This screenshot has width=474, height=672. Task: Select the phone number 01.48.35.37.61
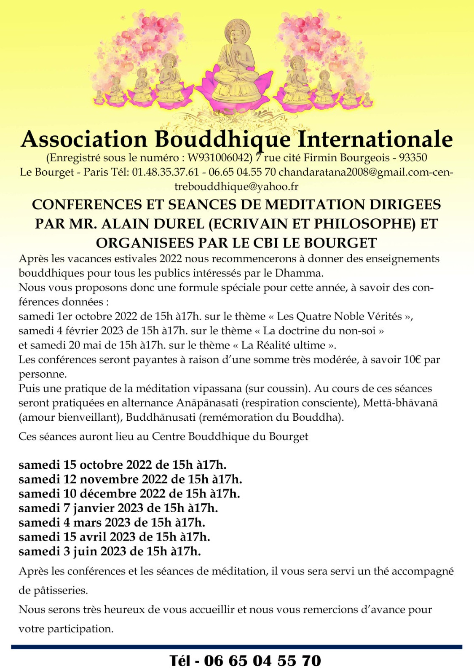click(x=165, y=172)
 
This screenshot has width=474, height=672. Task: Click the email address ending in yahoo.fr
click(x=236, y=186)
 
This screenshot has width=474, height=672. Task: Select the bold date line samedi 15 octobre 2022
click(x=123, y=465)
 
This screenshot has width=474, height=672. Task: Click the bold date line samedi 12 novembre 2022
click(x=130, y=479)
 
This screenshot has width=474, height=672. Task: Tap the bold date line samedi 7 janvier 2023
click(x=118, y=508)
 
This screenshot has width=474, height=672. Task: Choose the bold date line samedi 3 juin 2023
click(x=110, y=551)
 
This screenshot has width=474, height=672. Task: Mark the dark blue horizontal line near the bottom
click(x=236, y=647)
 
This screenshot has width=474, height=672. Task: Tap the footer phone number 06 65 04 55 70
click(x=262, y=661)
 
